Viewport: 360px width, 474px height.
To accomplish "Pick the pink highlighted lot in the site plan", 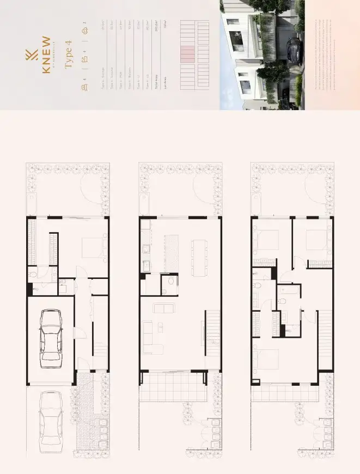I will point(187,54).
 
